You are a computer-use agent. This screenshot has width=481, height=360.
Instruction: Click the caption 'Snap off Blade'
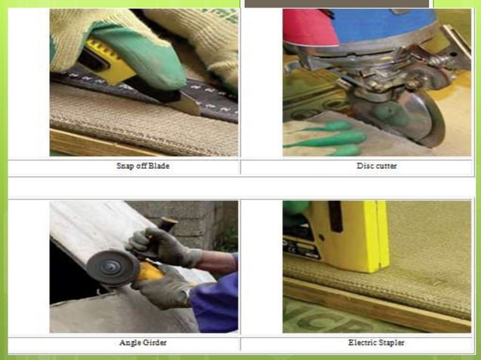click(143, 166)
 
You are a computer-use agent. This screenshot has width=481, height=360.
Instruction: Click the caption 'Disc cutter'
click(376, 166)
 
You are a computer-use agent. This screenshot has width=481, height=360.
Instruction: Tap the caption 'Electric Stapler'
click(376, 343)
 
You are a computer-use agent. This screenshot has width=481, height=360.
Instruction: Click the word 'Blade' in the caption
click(158, 166)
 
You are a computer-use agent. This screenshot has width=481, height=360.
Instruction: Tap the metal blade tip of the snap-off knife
click(185, 103)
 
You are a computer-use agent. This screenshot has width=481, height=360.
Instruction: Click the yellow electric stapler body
click(354, 233)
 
